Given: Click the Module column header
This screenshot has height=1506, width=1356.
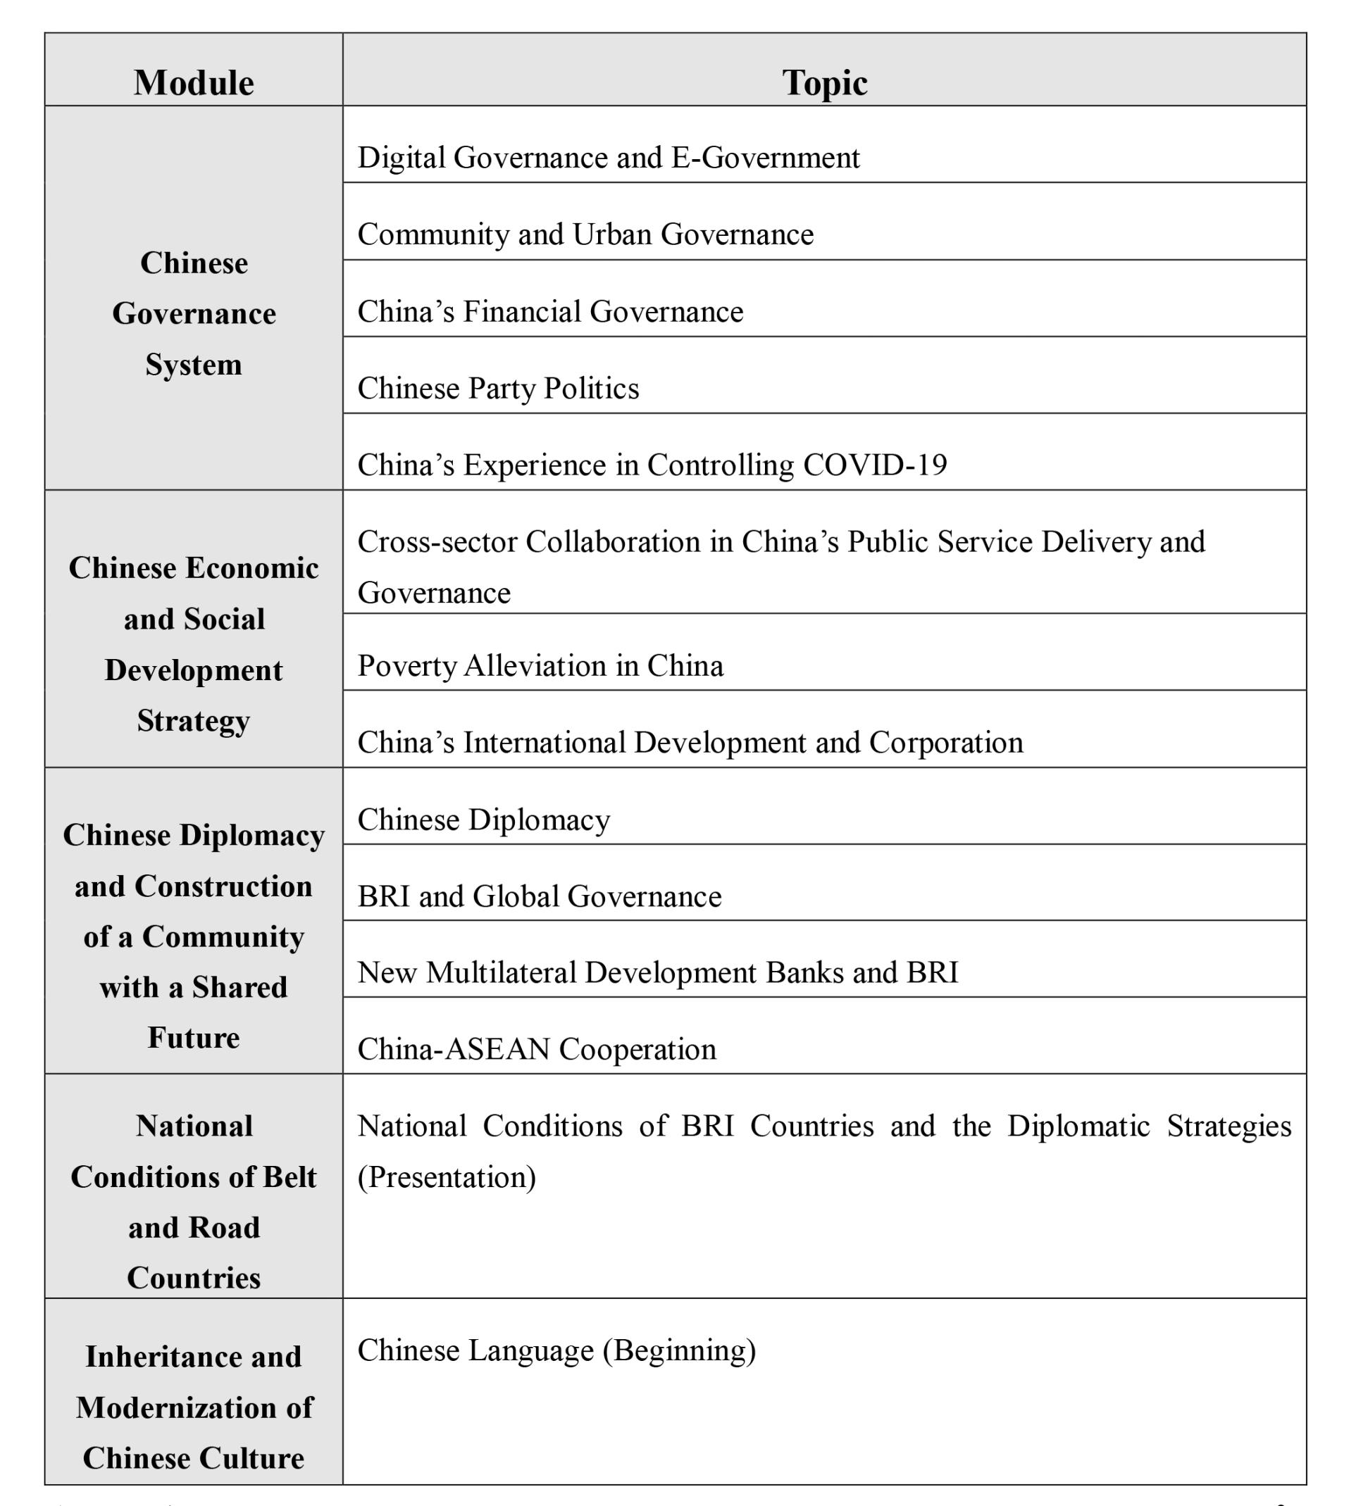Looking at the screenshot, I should click(194, 82).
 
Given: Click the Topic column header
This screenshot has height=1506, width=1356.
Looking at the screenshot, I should click(824, 82).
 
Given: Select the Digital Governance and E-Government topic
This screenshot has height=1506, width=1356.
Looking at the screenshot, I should click(608, 157).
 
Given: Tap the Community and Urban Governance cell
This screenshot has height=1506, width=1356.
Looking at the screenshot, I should click(585, 234).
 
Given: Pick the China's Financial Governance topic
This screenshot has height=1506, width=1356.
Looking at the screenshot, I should click(550, 311).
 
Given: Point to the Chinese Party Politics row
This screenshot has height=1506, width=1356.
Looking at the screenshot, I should click(498, 388).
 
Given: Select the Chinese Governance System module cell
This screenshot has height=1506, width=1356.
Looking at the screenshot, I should click(194, 313).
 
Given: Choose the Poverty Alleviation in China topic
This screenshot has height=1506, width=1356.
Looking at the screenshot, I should click(540, 665).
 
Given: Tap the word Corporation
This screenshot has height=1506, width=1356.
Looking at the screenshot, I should click(945, 742).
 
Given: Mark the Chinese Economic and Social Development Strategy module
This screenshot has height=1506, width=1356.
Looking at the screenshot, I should click(194, 644).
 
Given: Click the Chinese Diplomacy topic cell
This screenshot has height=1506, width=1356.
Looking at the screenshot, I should click(483, 820).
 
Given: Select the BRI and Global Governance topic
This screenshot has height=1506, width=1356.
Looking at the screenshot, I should click(540, 896).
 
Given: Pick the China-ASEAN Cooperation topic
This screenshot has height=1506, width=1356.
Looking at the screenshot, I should click(537, 1048).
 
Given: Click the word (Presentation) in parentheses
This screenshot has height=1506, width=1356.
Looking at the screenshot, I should click(447, 1176).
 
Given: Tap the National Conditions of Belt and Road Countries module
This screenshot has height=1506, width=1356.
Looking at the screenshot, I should click(194, 1201).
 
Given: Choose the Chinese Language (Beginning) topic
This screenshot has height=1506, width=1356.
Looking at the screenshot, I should click(556, 1350).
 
